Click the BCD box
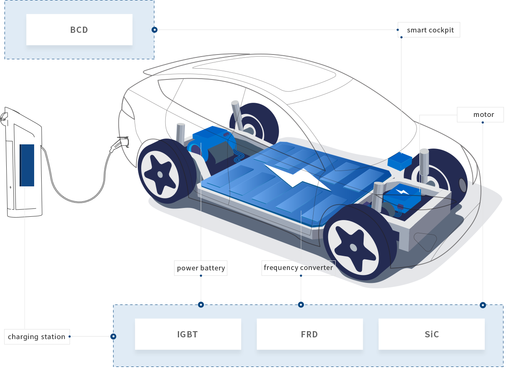click(79, 30)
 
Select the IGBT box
click(188, 334)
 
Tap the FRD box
click(309, 334)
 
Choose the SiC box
click(431, 334)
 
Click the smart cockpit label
click(429, 30)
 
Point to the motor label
click(481, 114)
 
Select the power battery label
click(201, 268)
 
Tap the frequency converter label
click(299, 267)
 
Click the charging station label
click(37, 337)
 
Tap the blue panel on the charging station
click(27, 165)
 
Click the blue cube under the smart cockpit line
click(399, 161)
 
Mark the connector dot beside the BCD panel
click(155, 30)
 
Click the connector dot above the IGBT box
click(201, 305)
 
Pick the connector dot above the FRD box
click(301, 305)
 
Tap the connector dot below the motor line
click(483, 305)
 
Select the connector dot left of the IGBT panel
click(113, 336)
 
